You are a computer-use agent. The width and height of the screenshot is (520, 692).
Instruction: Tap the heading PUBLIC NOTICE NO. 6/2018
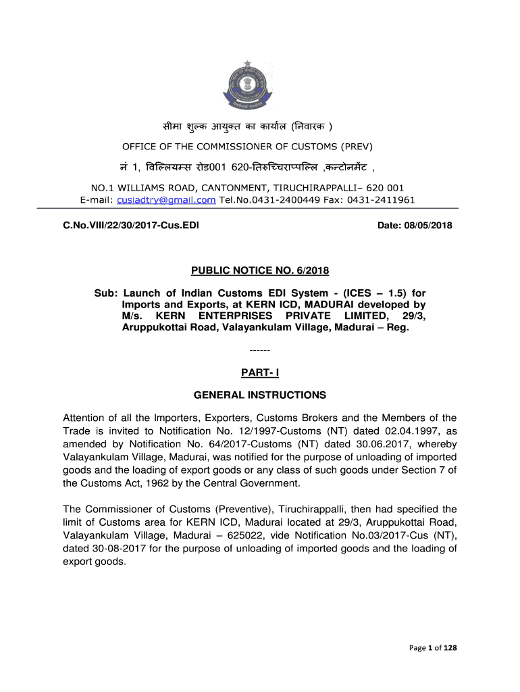pyautogui.click(x=259, y=271)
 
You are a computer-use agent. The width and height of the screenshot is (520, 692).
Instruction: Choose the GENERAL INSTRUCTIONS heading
pyautogui.click(x=259, y=395)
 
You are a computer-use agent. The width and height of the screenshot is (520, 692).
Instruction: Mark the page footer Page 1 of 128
pyautogui.click(x=434, y=648)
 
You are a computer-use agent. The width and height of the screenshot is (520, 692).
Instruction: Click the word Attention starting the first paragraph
pyautogui.click(x=86, y=418)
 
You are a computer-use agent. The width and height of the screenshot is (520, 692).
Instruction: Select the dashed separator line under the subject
pyautogui.click(x=259, y=351)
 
